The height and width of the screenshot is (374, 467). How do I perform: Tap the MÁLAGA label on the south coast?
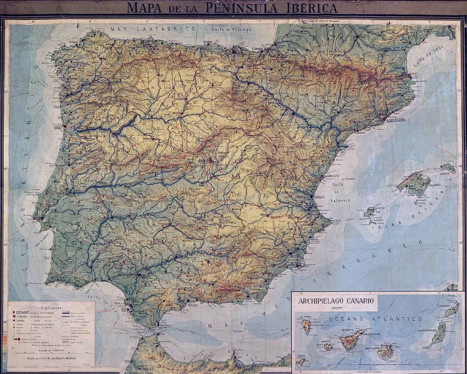click(192, 305)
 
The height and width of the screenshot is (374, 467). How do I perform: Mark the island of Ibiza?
click(370, 213)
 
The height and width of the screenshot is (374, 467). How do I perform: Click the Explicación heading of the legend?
click(52, 308)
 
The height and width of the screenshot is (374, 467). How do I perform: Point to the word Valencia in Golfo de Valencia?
click(340, 200)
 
